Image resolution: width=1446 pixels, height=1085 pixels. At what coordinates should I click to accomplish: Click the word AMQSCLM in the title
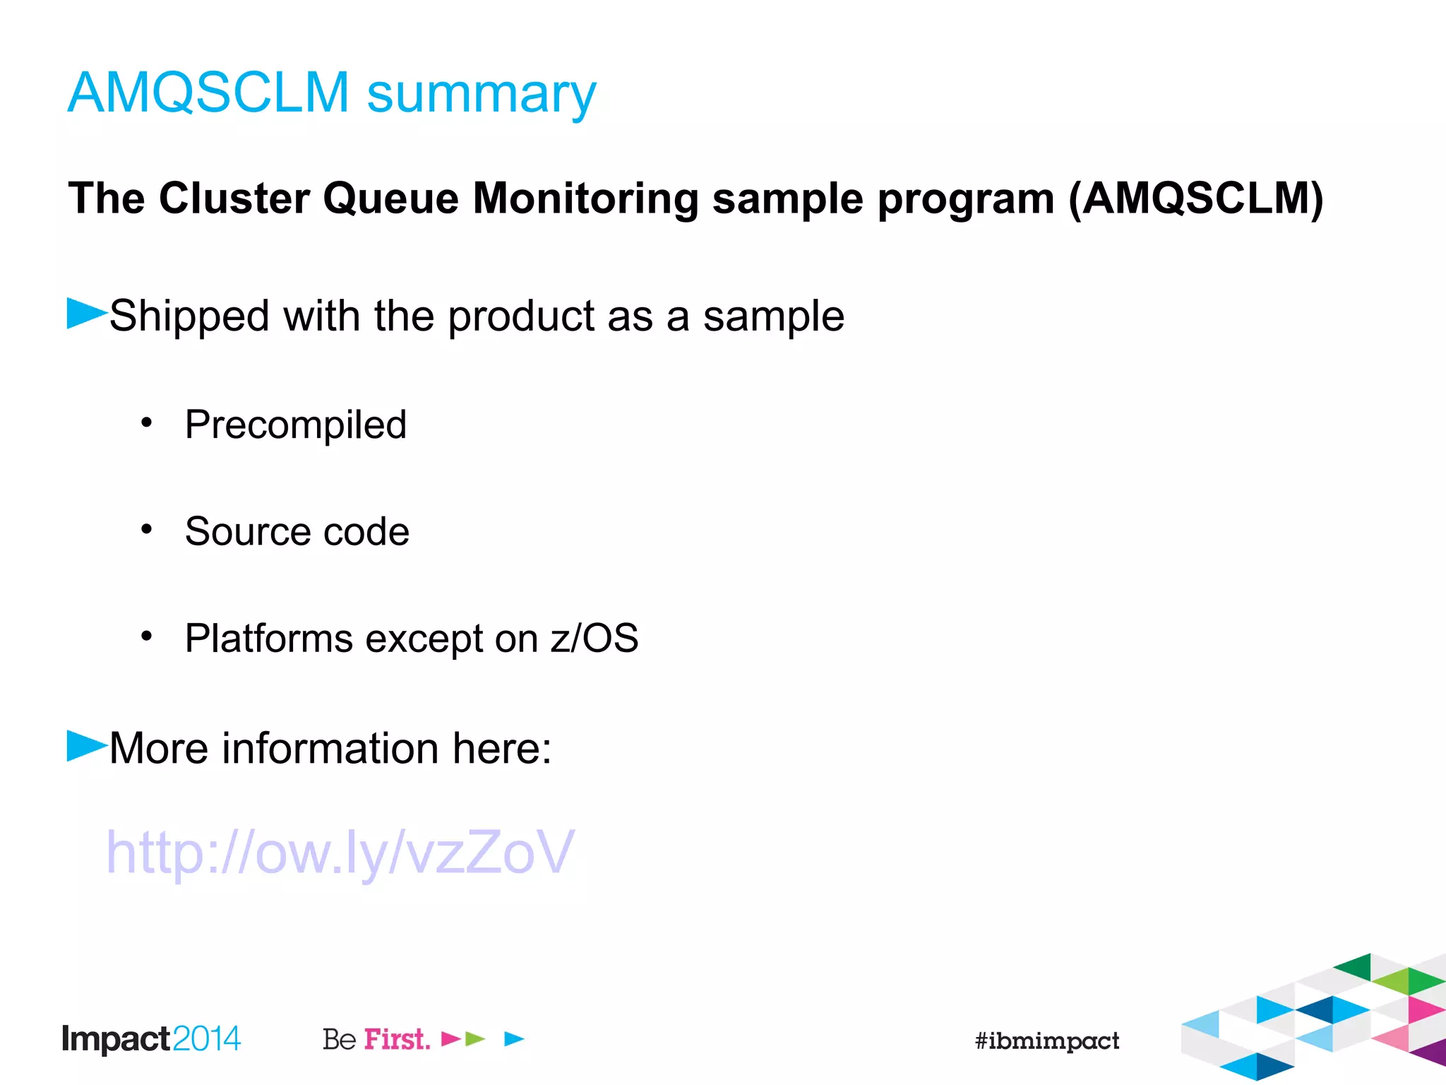point(208,93)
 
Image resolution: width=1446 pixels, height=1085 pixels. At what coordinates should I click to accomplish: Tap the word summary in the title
point(482,95)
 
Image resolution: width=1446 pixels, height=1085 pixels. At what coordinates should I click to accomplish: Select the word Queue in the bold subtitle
point(390,198)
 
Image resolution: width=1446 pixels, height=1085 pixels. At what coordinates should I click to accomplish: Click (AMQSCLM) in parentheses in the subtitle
point(1195,198)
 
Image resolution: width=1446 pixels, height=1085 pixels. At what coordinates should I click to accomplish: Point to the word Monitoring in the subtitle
point(585,200)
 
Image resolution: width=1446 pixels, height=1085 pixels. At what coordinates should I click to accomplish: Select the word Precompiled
point(296,425)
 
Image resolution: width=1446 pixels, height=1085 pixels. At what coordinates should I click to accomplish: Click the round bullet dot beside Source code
point(146,529)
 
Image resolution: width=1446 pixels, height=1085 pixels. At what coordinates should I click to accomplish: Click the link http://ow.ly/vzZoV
point(340,853)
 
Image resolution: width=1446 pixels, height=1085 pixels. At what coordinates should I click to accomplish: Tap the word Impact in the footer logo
point(116,1039)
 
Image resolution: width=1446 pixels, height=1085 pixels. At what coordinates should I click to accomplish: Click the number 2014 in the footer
point(206,1039)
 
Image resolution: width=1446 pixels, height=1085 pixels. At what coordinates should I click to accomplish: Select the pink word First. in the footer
point(397,1039)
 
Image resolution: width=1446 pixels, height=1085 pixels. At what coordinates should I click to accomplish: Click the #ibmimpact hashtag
point(1046,1040)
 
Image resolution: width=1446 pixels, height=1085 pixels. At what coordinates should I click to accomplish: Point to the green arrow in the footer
point(475,1038)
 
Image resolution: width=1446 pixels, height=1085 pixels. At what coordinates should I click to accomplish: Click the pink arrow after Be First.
point(450,1038)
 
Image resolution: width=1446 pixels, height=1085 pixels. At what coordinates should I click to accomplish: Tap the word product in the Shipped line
point(521,316)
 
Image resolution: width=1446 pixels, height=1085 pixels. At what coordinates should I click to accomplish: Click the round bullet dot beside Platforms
point(146,636)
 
